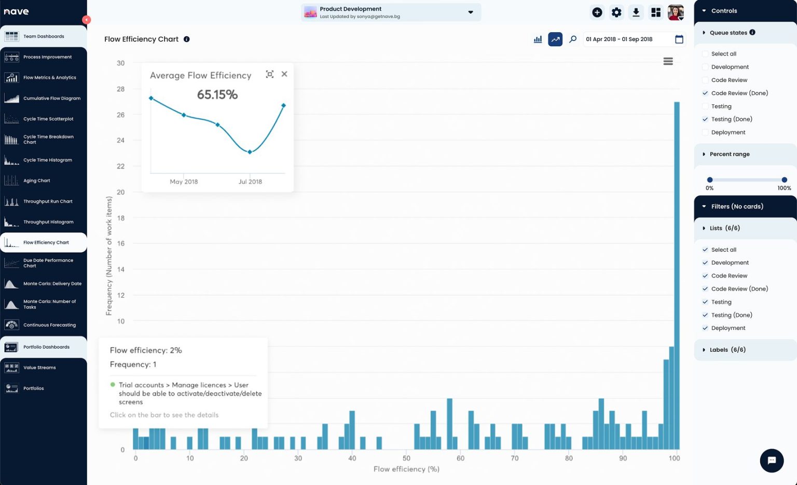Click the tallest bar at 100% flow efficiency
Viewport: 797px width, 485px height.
677,275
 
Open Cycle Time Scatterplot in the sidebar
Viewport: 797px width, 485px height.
48,119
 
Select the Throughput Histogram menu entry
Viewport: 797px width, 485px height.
48,222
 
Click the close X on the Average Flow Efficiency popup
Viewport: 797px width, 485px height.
284,74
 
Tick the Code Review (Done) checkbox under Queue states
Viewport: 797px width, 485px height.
705,93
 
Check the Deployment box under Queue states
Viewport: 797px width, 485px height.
705,132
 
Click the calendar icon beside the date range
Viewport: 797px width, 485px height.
679,39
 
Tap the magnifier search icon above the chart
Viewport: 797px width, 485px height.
573,39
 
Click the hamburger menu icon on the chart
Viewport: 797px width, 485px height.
668,61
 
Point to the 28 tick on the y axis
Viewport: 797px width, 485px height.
121,89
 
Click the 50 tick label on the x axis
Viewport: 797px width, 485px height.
406,459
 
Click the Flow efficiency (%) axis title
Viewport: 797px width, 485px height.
406,469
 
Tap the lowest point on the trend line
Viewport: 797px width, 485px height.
250,152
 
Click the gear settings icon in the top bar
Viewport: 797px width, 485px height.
616,12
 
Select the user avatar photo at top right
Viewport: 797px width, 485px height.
675,12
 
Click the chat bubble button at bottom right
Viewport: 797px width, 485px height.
772,460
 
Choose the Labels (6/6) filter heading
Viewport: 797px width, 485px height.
727,350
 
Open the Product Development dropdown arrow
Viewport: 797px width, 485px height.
471,12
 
